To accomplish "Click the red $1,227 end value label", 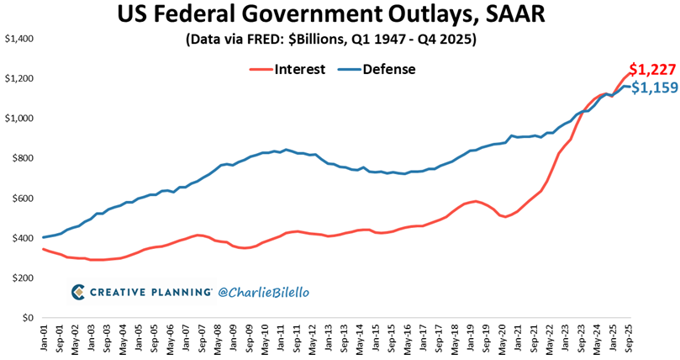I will click(x=651, y=70).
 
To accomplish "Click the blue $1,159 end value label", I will click(x=654, y=87).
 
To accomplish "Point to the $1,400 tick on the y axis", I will click(x=20, y=39).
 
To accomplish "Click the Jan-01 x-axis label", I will click(x=44, y=340).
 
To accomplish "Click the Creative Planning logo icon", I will click(x=77, y=292).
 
